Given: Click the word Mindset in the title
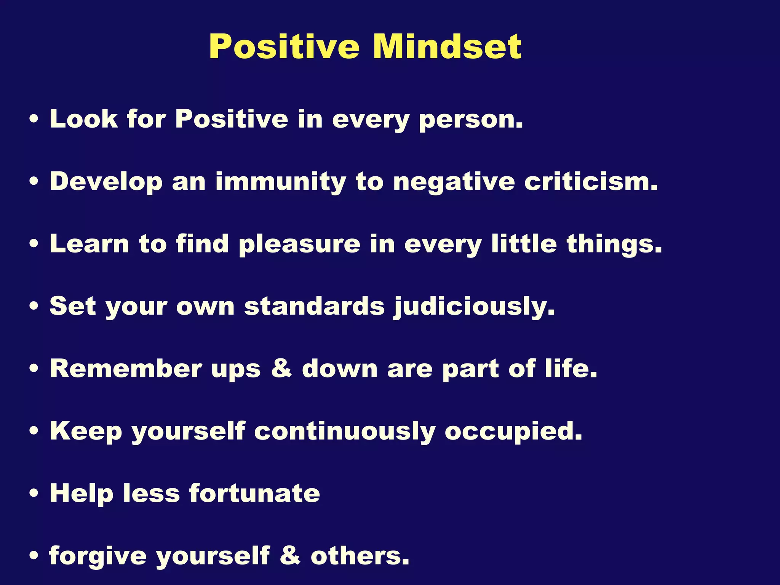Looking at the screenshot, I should pyautogui.click(x=447, y=47).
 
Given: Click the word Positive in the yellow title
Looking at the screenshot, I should pyautogui.click(x=284, y=47).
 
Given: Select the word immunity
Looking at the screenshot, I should pyautogui.click(x=281, y=182).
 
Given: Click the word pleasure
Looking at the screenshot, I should pyautogui.click(x=299, y=245).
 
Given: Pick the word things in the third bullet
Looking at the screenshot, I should pyautogui.click(x=614, y=245).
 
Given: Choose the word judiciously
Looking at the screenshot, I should pyautogui.click(x=474, y=307).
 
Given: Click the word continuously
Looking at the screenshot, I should pyautogui.click(x=345, y=432).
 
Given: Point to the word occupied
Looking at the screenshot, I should pyautogui.click(x=513, y=432).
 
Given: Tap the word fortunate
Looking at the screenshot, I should pyautogui.click(x=254, y=494).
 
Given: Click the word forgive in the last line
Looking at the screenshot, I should pyautogui.click(x=98, y=556).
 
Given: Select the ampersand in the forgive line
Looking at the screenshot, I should pyautogui.click(x=290, y=556).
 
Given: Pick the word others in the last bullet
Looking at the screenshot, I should pyautogui.click(x=360, y=556).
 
